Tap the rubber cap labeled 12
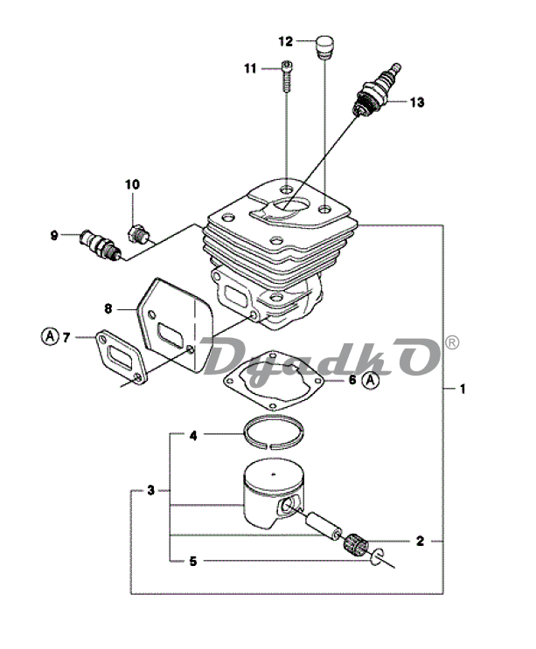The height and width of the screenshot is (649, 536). [324, 47]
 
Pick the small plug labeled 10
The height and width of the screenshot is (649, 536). [139, 234]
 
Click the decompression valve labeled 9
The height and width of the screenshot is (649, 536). [101, 245]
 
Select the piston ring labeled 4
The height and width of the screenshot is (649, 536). [273, 432]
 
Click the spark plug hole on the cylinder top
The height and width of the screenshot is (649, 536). [291, 205]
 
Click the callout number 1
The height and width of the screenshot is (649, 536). [463, 389]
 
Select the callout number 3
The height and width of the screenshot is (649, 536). [150, 491]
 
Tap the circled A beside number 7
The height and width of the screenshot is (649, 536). [50, 336]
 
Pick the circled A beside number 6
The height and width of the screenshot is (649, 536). [371, 380]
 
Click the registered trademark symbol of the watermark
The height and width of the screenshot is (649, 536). [451, 342]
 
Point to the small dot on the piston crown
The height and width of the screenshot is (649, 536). [274, 473]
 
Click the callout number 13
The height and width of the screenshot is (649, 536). [417, 102]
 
